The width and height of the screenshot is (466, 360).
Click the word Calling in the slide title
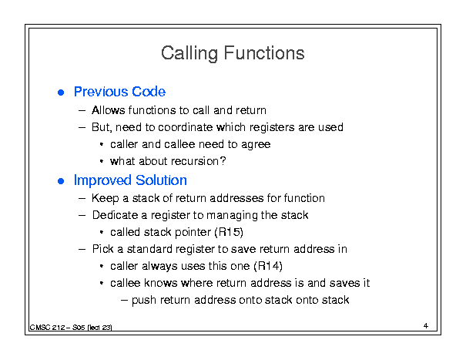coord(189,53)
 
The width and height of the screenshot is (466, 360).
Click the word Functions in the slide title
coord(264,53)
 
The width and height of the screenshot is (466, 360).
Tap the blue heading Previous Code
coord(119,92)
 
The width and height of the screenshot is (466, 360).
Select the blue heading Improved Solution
coord(130,180)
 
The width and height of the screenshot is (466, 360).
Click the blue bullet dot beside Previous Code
coord(61,93)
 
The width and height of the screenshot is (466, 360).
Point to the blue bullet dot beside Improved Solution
coord(61,181)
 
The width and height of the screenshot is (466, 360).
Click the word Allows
coord(108,110)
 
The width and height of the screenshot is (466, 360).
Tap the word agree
coord(256,145)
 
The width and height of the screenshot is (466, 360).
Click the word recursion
coord(195,161)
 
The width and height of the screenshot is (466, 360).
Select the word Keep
coord(106,198)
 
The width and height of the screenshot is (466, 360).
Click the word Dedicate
coord(115,215)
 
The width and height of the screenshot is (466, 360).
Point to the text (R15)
coord(229,232)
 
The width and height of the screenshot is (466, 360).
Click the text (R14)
coord(268,266)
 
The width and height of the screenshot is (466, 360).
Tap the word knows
coord(160,283)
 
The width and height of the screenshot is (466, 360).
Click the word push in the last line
coord(144,300)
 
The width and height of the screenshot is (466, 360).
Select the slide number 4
coord(426,326)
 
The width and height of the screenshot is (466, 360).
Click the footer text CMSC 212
coord(47,328)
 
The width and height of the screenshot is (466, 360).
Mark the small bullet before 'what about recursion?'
coord(102,162)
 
